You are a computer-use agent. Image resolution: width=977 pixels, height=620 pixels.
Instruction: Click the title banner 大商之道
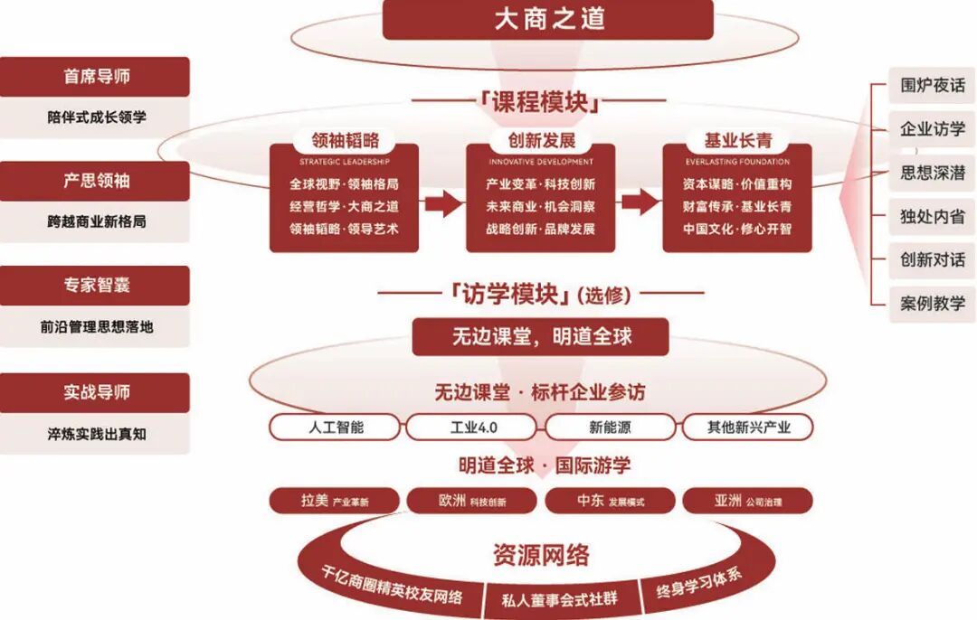(548, 19)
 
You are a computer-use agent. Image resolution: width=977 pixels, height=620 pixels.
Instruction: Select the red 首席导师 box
(96, 77)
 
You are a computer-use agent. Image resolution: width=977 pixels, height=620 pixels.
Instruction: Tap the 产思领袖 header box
(96, 181)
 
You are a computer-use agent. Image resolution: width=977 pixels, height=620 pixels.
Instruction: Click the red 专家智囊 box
(96, 286)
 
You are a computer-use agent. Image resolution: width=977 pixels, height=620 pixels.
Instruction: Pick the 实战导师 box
(96, 392)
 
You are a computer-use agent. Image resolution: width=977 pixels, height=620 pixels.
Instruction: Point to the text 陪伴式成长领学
(96, 117)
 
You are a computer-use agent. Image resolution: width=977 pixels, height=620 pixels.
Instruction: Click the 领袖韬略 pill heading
(345, 140)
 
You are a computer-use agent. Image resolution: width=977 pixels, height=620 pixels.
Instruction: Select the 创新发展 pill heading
(540, 140)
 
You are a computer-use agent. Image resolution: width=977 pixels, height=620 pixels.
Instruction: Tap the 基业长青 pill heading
(737, 140)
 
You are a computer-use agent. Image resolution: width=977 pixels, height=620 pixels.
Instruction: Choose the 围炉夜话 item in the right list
(932, 87)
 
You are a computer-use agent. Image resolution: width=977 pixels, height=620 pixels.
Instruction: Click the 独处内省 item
(932, 217)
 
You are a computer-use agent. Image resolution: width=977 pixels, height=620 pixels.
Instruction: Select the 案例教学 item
(932, 304)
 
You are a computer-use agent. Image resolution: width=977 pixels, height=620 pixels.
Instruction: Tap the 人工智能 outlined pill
(337, 427)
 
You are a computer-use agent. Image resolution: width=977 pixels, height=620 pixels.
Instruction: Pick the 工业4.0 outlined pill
(473, 427)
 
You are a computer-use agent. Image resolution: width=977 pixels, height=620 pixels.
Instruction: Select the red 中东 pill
(610, 501)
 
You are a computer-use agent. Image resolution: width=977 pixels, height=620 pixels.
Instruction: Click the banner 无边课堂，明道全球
(541, 337)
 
